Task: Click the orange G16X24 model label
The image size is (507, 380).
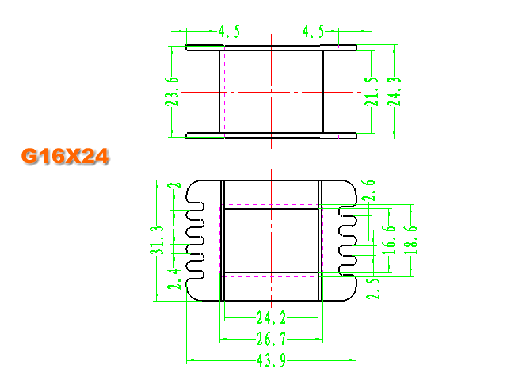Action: [65, 157]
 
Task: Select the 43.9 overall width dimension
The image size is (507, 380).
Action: [272, 360]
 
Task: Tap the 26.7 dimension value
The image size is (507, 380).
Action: [272, 339]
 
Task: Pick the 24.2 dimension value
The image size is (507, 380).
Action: [272, 317]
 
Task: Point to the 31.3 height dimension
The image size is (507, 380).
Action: [157, 241]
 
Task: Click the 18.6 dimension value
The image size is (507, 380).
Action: [411, 241]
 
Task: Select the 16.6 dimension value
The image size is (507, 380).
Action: [389, 241]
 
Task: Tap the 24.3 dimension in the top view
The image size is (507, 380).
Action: [394, 92]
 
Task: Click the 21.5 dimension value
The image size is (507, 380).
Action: [372, 92]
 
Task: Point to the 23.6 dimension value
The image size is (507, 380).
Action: [172, 92]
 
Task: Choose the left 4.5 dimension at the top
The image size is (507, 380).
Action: [229, 32]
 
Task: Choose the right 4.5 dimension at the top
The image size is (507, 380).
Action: [314, 32]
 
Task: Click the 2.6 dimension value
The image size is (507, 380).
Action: [368, 191]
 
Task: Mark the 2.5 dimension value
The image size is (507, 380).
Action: [373, 289]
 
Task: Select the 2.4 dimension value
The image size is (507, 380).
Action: [174, 279]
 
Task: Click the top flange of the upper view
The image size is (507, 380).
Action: [271, 47]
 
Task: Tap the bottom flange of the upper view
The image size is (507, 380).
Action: [271, 135]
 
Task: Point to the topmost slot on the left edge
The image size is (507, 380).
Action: [196, 207]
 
